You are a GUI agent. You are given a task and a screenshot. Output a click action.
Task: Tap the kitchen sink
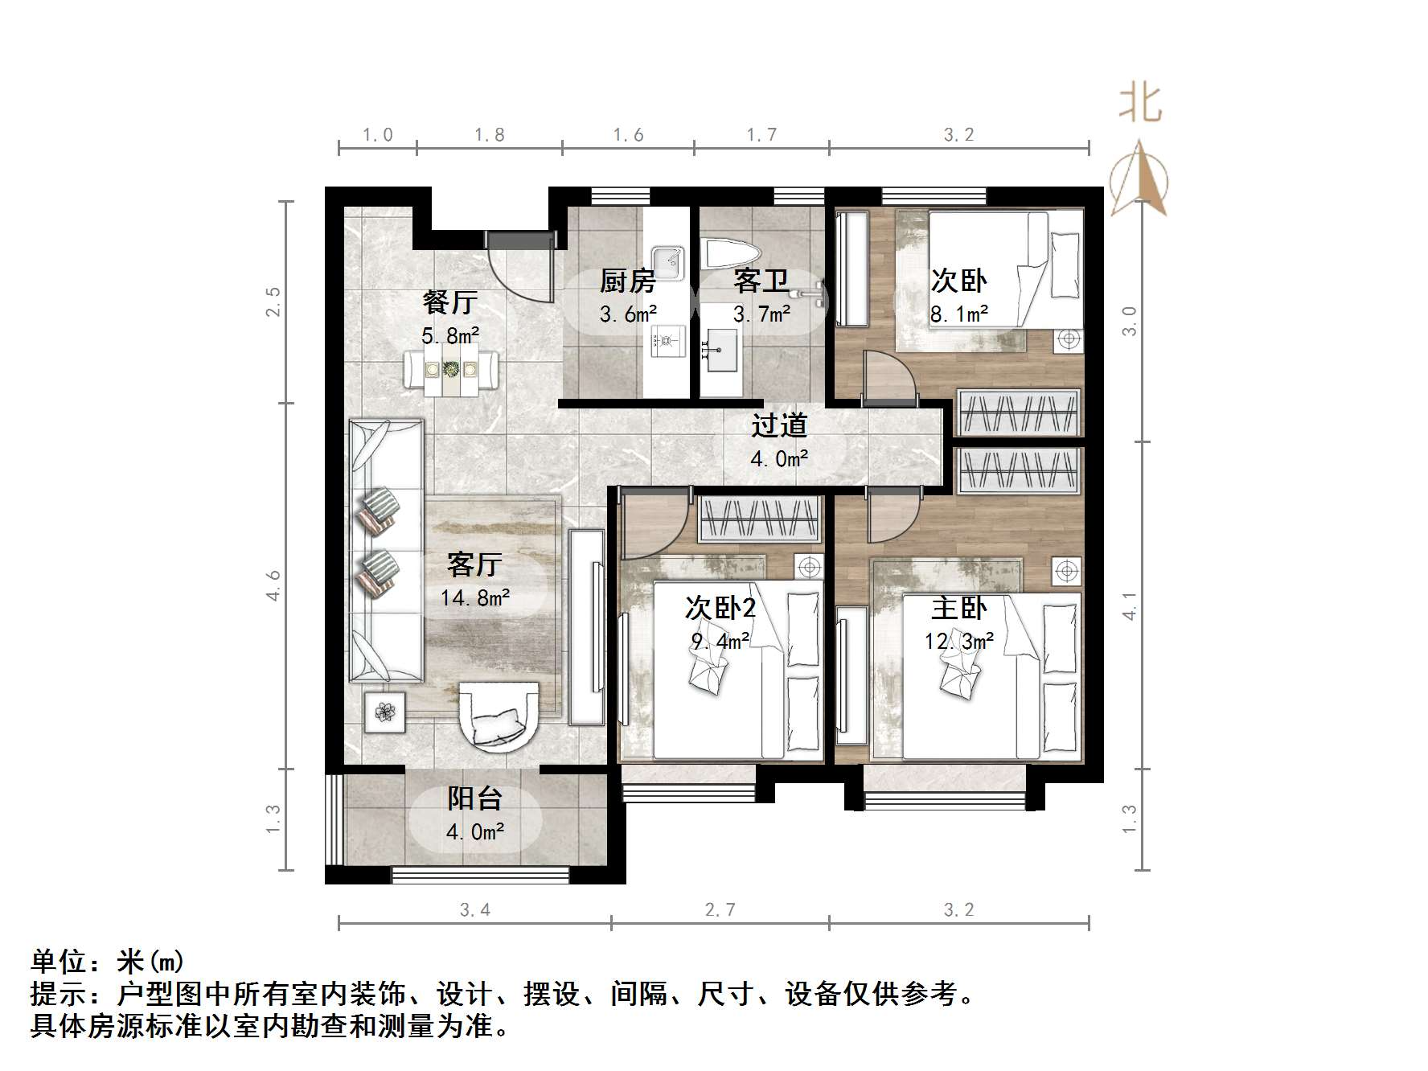point(667,261)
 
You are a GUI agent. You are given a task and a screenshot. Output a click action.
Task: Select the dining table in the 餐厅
point(451,369)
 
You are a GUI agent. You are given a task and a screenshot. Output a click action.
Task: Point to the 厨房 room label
point(627,281)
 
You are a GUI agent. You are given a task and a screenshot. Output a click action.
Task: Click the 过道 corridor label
point(778,426)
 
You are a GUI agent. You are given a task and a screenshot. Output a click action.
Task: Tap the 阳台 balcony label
point(475,798)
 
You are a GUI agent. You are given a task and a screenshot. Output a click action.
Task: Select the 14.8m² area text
point(475,597)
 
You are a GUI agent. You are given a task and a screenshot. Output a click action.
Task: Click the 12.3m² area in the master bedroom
point(959,641)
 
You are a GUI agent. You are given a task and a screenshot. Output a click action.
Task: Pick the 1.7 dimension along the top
point(761,134)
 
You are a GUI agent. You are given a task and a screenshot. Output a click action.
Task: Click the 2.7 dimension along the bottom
point(720,909)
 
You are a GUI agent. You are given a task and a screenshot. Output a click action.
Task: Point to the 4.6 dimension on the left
point(273,585)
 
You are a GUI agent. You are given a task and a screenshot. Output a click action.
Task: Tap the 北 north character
point(1140,105)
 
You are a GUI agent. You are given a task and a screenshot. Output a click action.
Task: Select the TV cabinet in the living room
point(587,627)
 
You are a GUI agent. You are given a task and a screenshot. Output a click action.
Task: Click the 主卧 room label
point(958,608)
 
